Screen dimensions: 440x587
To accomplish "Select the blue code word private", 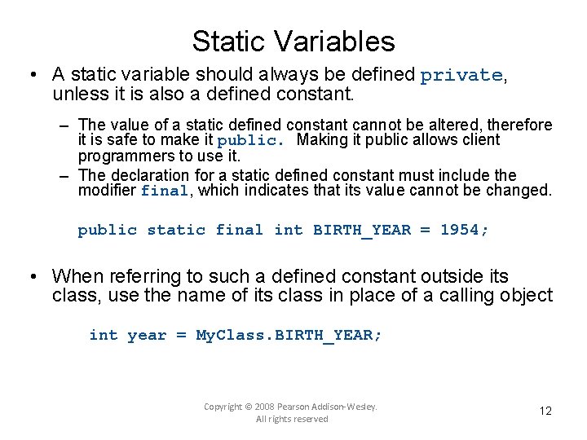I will pos(461,76).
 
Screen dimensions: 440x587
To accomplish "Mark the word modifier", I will pos(107,191).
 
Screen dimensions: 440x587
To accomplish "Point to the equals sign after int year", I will pos(181,335).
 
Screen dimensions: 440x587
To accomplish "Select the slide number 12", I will pos(545,411).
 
